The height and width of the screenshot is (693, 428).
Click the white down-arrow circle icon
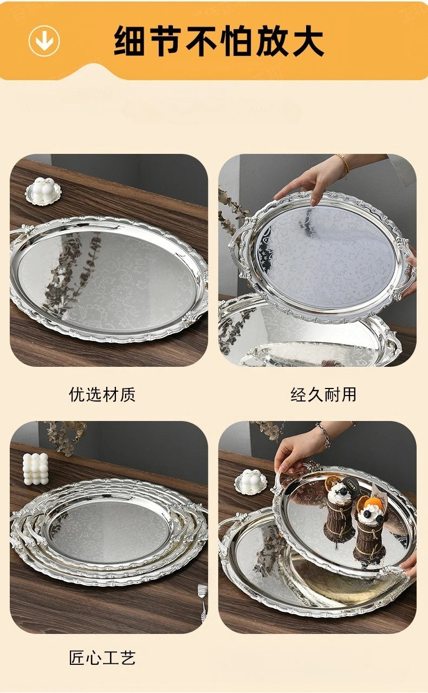click(x=44, y=41)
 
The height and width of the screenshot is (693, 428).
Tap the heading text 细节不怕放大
click(x=219, y=41)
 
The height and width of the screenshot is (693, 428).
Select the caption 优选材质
click(x=102, y=394)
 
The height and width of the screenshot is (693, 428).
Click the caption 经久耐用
click(x=323, y=394)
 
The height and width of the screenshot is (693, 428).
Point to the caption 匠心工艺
click(x=102, y=658)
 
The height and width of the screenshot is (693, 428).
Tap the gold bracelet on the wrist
click(x=343, y=163)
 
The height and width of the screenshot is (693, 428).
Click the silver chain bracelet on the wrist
click(x=323, y=435)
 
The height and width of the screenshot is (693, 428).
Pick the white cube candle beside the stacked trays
click(x=36, y=469)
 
